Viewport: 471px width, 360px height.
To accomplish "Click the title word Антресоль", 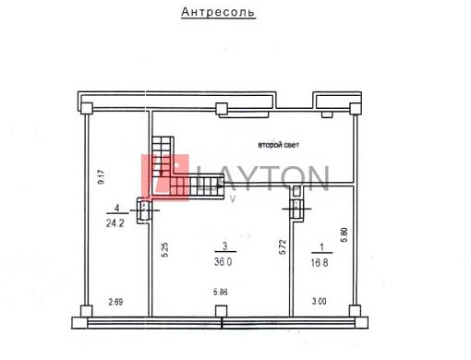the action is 218,12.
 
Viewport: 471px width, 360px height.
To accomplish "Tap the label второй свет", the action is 278,145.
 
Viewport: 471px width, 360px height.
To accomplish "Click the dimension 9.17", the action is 101,177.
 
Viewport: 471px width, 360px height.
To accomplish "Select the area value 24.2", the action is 115,223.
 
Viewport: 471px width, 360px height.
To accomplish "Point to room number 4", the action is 116,208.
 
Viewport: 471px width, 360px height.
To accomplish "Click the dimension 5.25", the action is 164,250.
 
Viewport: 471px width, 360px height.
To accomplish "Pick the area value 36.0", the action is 223,262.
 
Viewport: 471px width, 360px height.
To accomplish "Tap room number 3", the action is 225,246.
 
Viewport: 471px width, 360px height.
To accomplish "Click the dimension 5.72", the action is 283,246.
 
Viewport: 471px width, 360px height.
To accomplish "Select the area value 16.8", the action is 320,262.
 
